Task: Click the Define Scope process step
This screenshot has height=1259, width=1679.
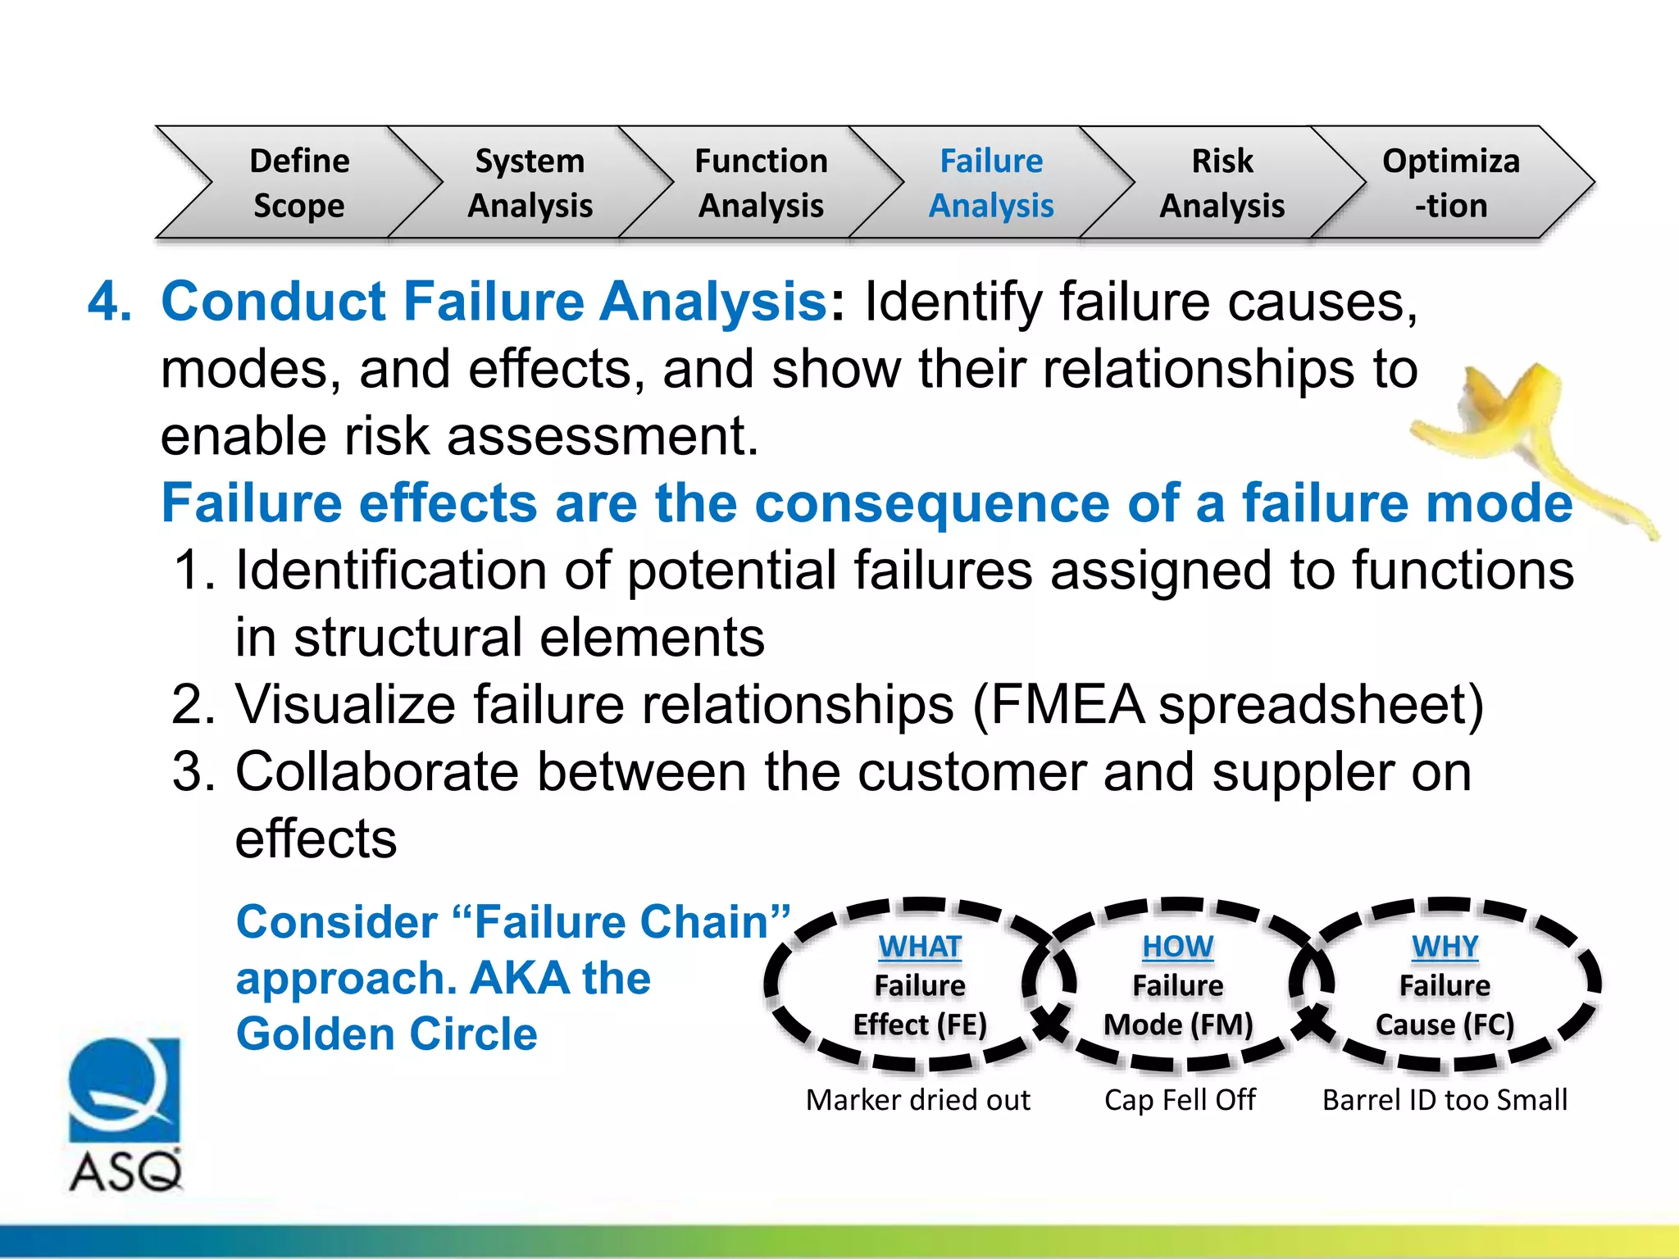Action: (299, 183)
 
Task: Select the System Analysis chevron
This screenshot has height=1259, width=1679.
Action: (530, 183)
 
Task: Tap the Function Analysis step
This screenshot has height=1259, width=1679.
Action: (761, 183)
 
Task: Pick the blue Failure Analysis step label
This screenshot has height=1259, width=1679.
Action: (991, 183)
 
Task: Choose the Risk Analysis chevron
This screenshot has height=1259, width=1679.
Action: (1222, 183)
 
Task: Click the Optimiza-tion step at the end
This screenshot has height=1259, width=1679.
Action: (1451, 183)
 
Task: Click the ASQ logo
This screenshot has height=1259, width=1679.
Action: (125, 1115)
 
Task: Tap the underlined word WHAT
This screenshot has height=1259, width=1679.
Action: (919, 947)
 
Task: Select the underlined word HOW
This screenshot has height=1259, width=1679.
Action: (1177, 947)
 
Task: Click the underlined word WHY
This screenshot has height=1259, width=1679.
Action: (1445, 947)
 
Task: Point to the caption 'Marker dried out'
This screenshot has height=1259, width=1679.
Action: (917, 1100)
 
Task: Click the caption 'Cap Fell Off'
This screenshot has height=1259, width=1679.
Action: (1179, 1100)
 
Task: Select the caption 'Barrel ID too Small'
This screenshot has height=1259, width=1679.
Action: (1445, 1100)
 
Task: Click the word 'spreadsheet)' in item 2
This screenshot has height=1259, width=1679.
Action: (1320, 705)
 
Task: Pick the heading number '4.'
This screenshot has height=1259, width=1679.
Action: (110, 301)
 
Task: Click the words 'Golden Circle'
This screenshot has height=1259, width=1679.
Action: (386, 1034)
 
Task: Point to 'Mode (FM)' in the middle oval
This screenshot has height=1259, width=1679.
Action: (1178, 1025)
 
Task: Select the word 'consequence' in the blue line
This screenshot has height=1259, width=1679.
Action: (931, 502)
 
